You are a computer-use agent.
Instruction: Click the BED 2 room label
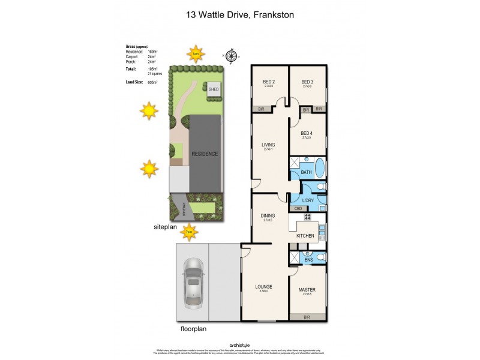point(269,82)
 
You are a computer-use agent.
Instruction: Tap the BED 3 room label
point(308,82)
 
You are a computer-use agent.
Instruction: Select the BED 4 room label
point(308,133)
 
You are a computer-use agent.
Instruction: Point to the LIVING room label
point(268,145)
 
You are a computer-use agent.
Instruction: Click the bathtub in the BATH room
point(318,166)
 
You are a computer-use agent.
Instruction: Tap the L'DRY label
point(308,201)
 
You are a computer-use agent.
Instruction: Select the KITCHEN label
point(305,236)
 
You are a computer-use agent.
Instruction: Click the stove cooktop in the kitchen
point(308,217)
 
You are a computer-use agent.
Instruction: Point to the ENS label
point(308,259)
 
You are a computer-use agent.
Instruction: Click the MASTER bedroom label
point(307,290)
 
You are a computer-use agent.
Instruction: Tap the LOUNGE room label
point(264,287)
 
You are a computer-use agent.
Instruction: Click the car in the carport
point(192,282)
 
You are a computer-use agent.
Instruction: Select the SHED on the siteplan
point(214,89)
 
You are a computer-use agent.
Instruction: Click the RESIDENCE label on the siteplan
point(205,154)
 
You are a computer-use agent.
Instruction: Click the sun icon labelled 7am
point(195,53)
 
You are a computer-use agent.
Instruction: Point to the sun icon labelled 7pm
point(189,231)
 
